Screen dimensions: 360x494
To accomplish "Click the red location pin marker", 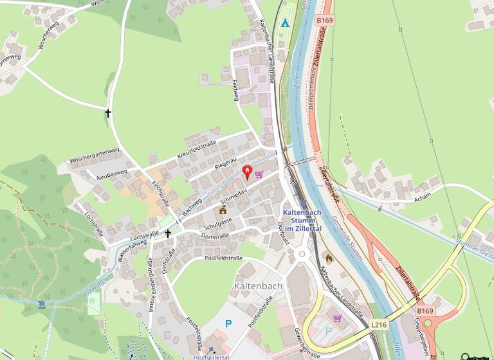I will pos(247,172).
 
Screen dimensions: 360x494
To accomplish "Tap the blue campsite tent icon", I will pos(285,24).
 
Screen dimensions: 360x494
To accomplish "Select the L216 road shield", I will pos(378,326).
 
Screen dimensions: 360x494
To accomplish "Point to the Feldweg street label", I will pos(235,89).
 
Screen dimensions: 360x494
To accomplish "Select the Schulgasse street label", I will pos(217,222).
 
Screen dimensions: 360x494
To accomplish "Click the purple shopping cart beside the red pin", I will pos(259,174).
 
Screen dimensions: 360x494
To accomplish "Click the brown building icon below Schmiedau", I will pos(223,210).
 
